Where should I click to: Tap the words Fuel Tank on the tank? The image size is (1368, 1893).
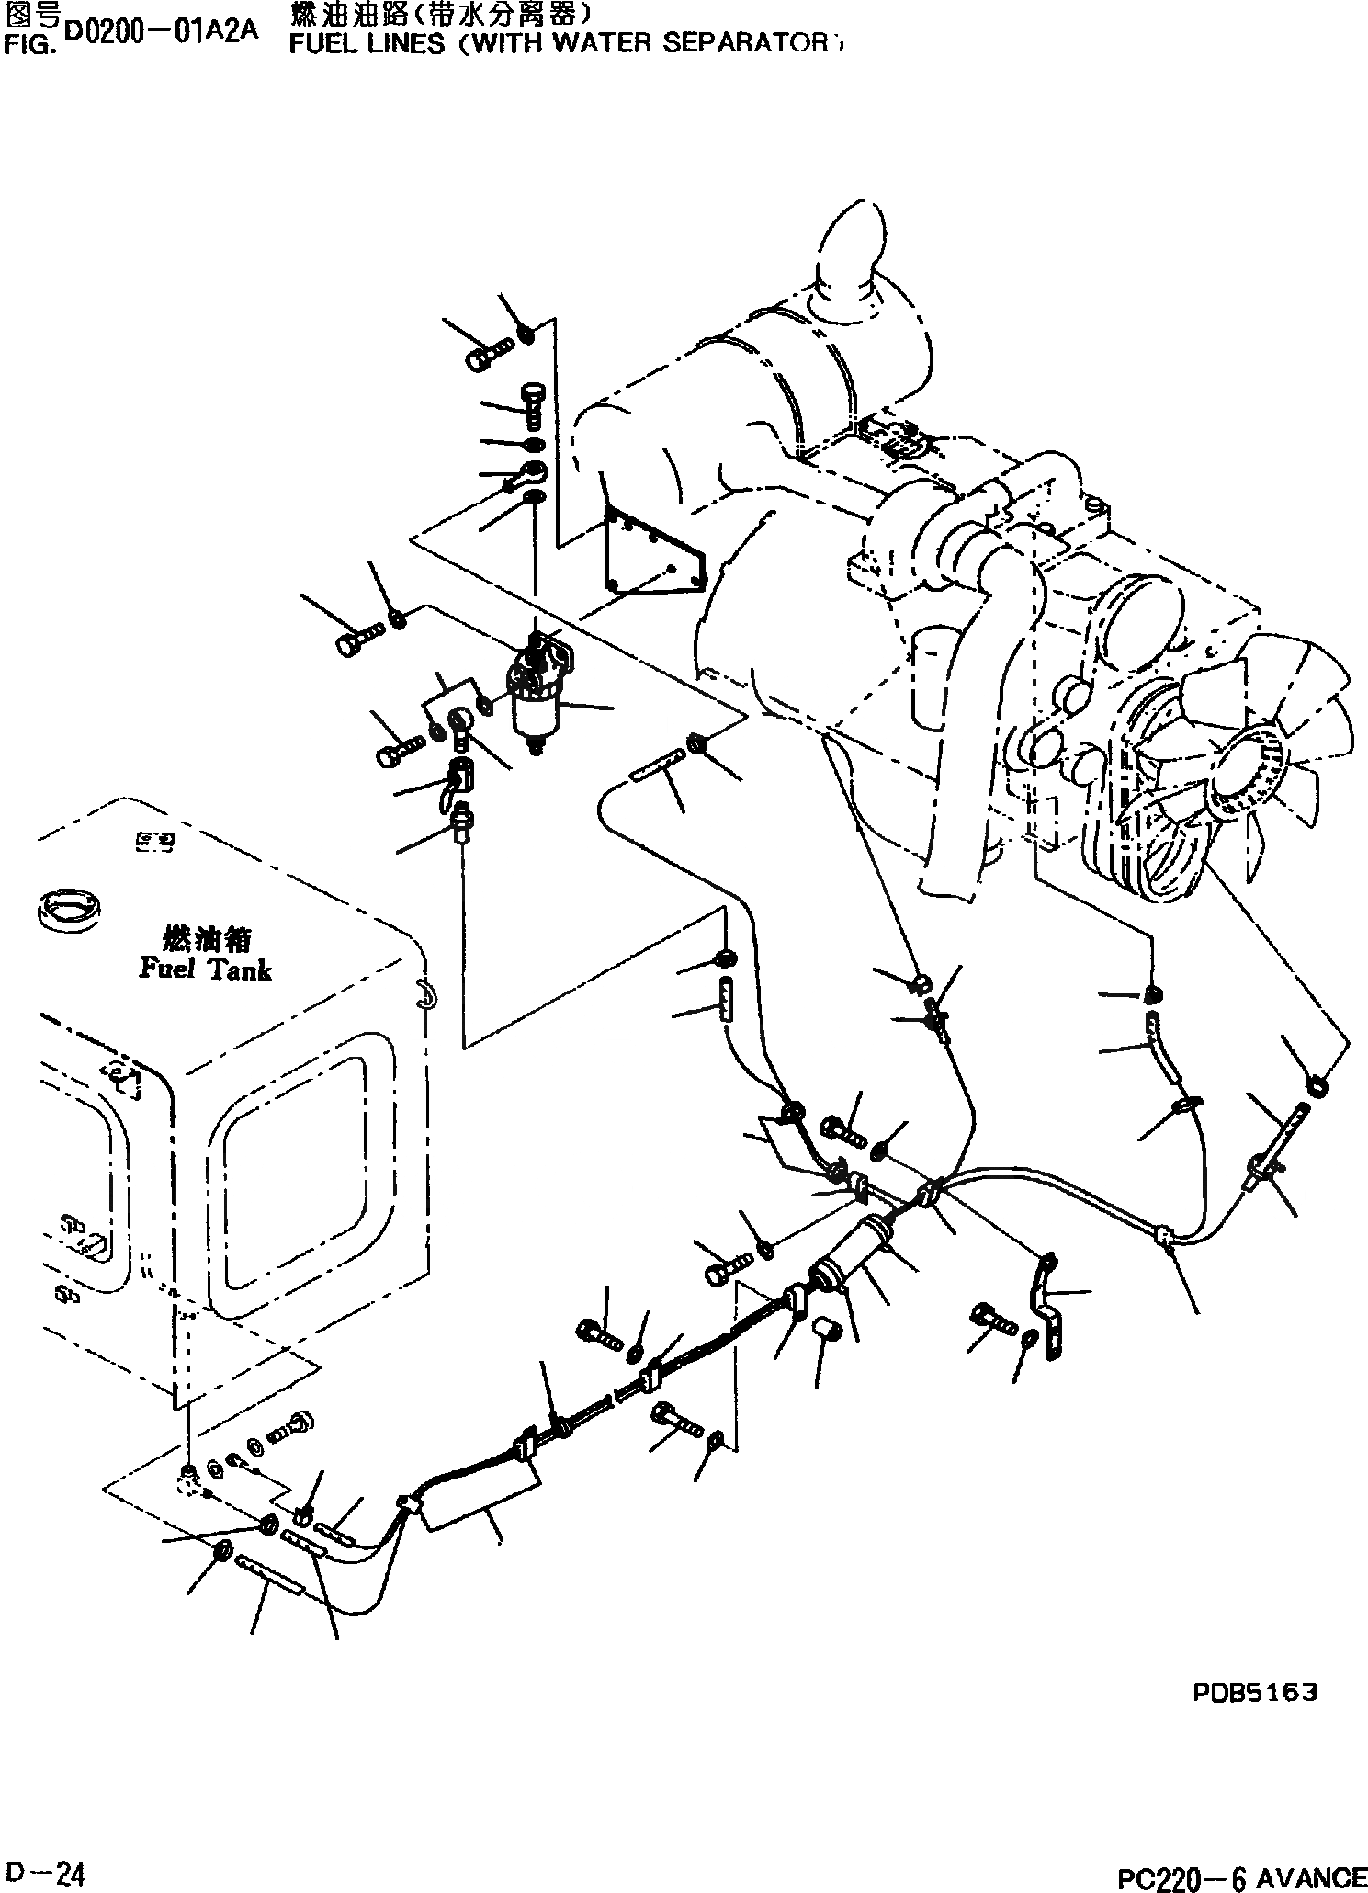click(x=205, y=969)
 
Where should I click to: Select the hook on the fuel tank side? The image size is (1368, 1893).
click(x=424, y=993)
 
